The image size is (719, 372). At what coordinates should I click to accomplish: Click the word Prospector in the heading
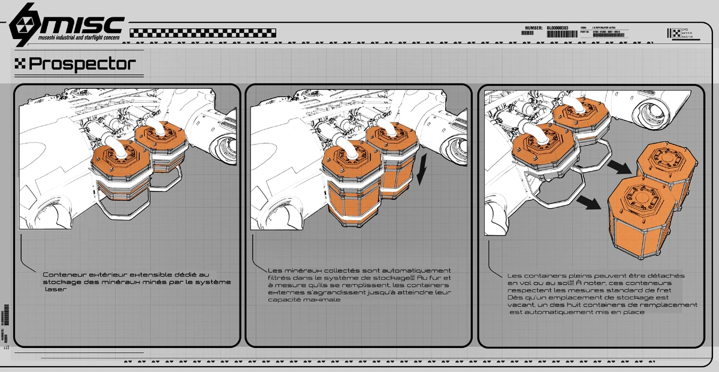[x=82, y=63]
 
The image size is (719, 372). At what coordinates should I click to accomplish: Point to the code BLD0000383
[x=558, y=28]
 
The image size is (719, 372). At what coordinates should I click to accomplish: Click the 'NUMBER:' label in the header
[x=533, y=28]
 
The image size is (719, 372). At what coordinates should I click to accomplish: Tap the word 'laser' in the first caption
[x=55, y=289]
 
